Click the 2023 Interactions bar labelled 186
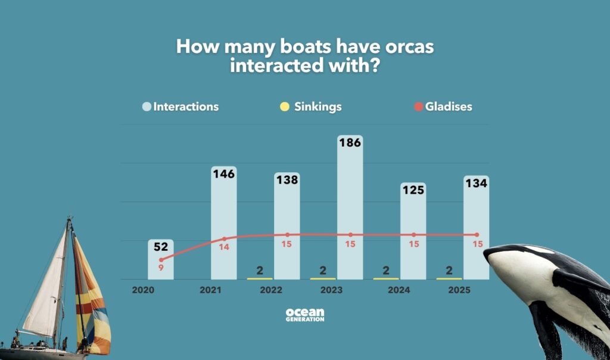(x=350, y=209)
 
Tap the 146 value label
(x=224, y=174)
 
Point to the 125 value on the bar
(x=413, y=190)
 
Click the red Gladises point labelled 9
(x=161, y=260)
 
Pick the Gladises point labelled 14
(x=224, y=239)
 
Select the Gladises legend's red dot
(x=419, y=107)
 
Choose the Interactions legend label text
(x=186, y=107)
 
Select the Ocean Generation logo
(x=305, y=315)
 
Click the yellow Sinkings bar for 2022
(x=260, y=278)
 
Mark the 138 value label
(x=287, y=181)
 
